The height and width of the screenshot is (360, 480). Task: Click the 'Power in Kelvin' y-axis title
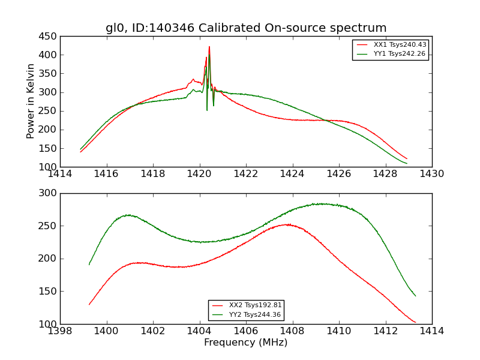(x=31, y=101)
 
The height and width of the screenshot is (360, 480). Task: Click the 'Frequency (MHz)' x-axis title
(x=245, y=343)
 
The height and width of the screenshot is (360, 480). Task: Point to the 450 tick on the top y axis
(x=49, y=37)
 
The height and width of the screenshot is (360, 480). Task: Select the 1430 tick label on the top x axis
(x=431, y=175)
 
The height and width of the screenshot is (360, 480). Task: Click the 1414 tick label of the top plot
(x=61, y=175)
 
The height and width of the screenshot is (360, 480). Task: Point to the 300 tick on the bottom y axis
(x=49, y=193)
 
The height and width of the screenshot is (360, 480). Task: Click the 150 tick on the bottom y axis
(x=49, y=292)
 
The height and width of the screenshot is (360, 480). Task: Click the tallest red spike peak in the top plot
(x=209, y=47)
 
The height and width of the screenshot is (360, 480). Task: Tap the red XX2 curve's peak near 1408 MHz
(x=289, y=224)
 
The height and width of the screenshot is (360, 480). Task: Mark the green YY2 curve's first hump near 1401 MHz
(x=128, y=215)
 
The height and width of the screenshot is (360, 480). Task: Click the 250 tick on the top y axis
(x=49, y=111)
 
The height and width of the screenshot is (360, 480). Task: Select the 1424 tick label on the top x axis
(x=292, y=175)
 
